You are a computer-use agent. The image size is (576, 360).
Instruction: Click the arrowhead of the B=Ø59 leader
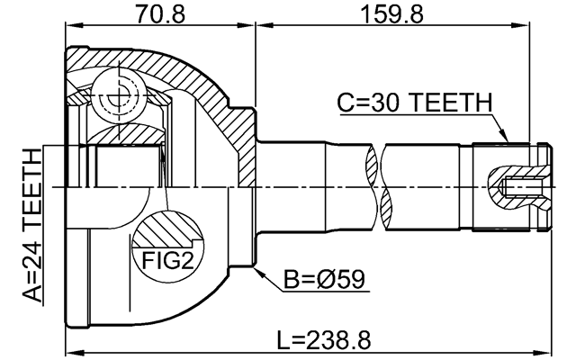(x=258, y=268)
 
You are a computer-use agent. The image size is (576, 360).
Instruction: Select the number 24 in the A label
(x=31, y=260)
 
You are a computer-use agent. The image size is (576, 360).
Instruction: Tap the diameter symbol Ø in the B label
(x=334, y=280)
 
